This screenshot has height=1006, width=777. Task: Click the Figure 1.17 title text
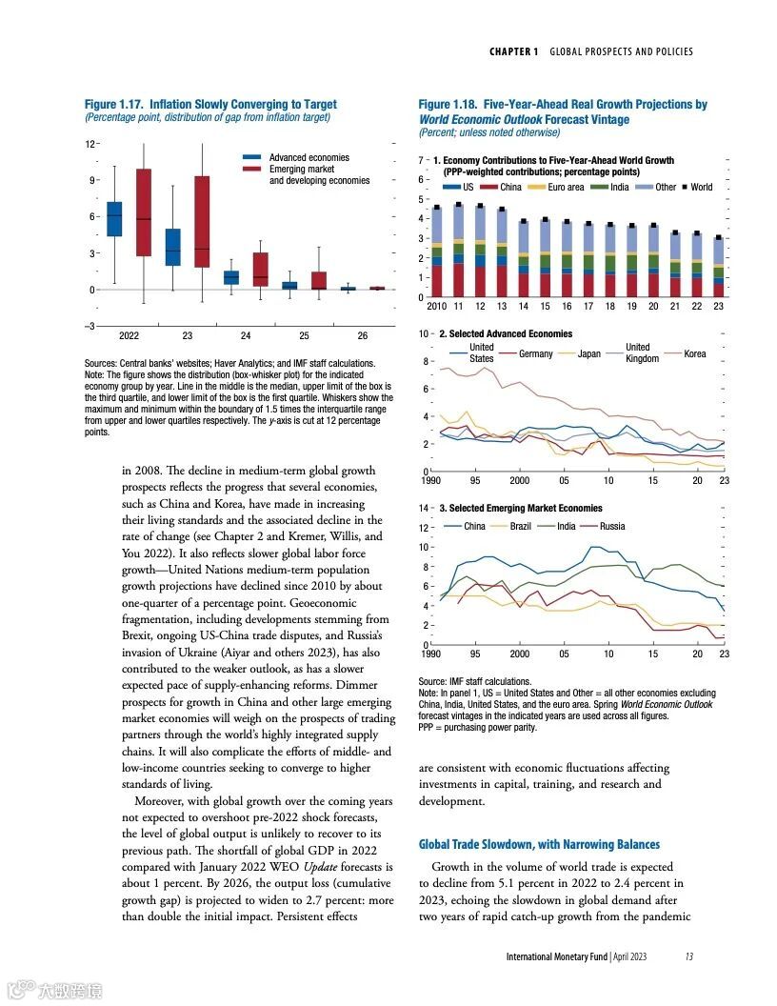[210, 104]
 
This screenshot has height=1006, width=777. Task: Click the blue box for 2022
[114, 219]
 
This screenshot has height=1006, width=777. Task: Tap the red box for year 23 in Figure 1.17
[202, 221]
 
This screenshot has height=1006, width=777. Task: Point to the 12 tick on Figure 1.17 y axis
[90, 144]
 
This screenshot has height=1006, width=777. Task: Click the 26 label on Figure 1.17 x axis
[363, 336]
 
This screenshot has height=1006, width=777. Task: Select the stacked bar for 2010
[437, 252]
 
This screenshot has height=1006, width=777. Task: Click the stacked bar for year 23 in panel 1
[719, 268]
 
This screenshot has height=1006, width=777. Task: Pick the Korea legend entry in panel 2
[695, 353]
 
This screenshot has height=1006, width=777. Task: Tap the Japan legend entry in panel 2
[588, 353]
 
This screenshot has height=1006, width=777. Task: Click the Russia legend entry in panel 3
[612, 526]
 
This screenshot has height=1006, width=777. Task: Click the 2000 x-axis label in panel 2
[519, 481]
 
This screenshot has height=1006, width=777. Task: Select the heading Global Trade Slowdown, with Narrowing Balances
[539, 844]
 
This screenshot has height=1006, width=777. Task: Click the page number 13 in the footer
[688, 956]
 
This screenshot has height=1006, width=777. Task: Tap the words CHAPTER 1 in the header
[514, 51]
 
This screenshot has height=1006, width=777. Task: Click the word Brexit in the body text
[142, 635]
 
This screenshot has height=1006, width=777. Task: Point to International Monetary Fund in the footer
[557, 956]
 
